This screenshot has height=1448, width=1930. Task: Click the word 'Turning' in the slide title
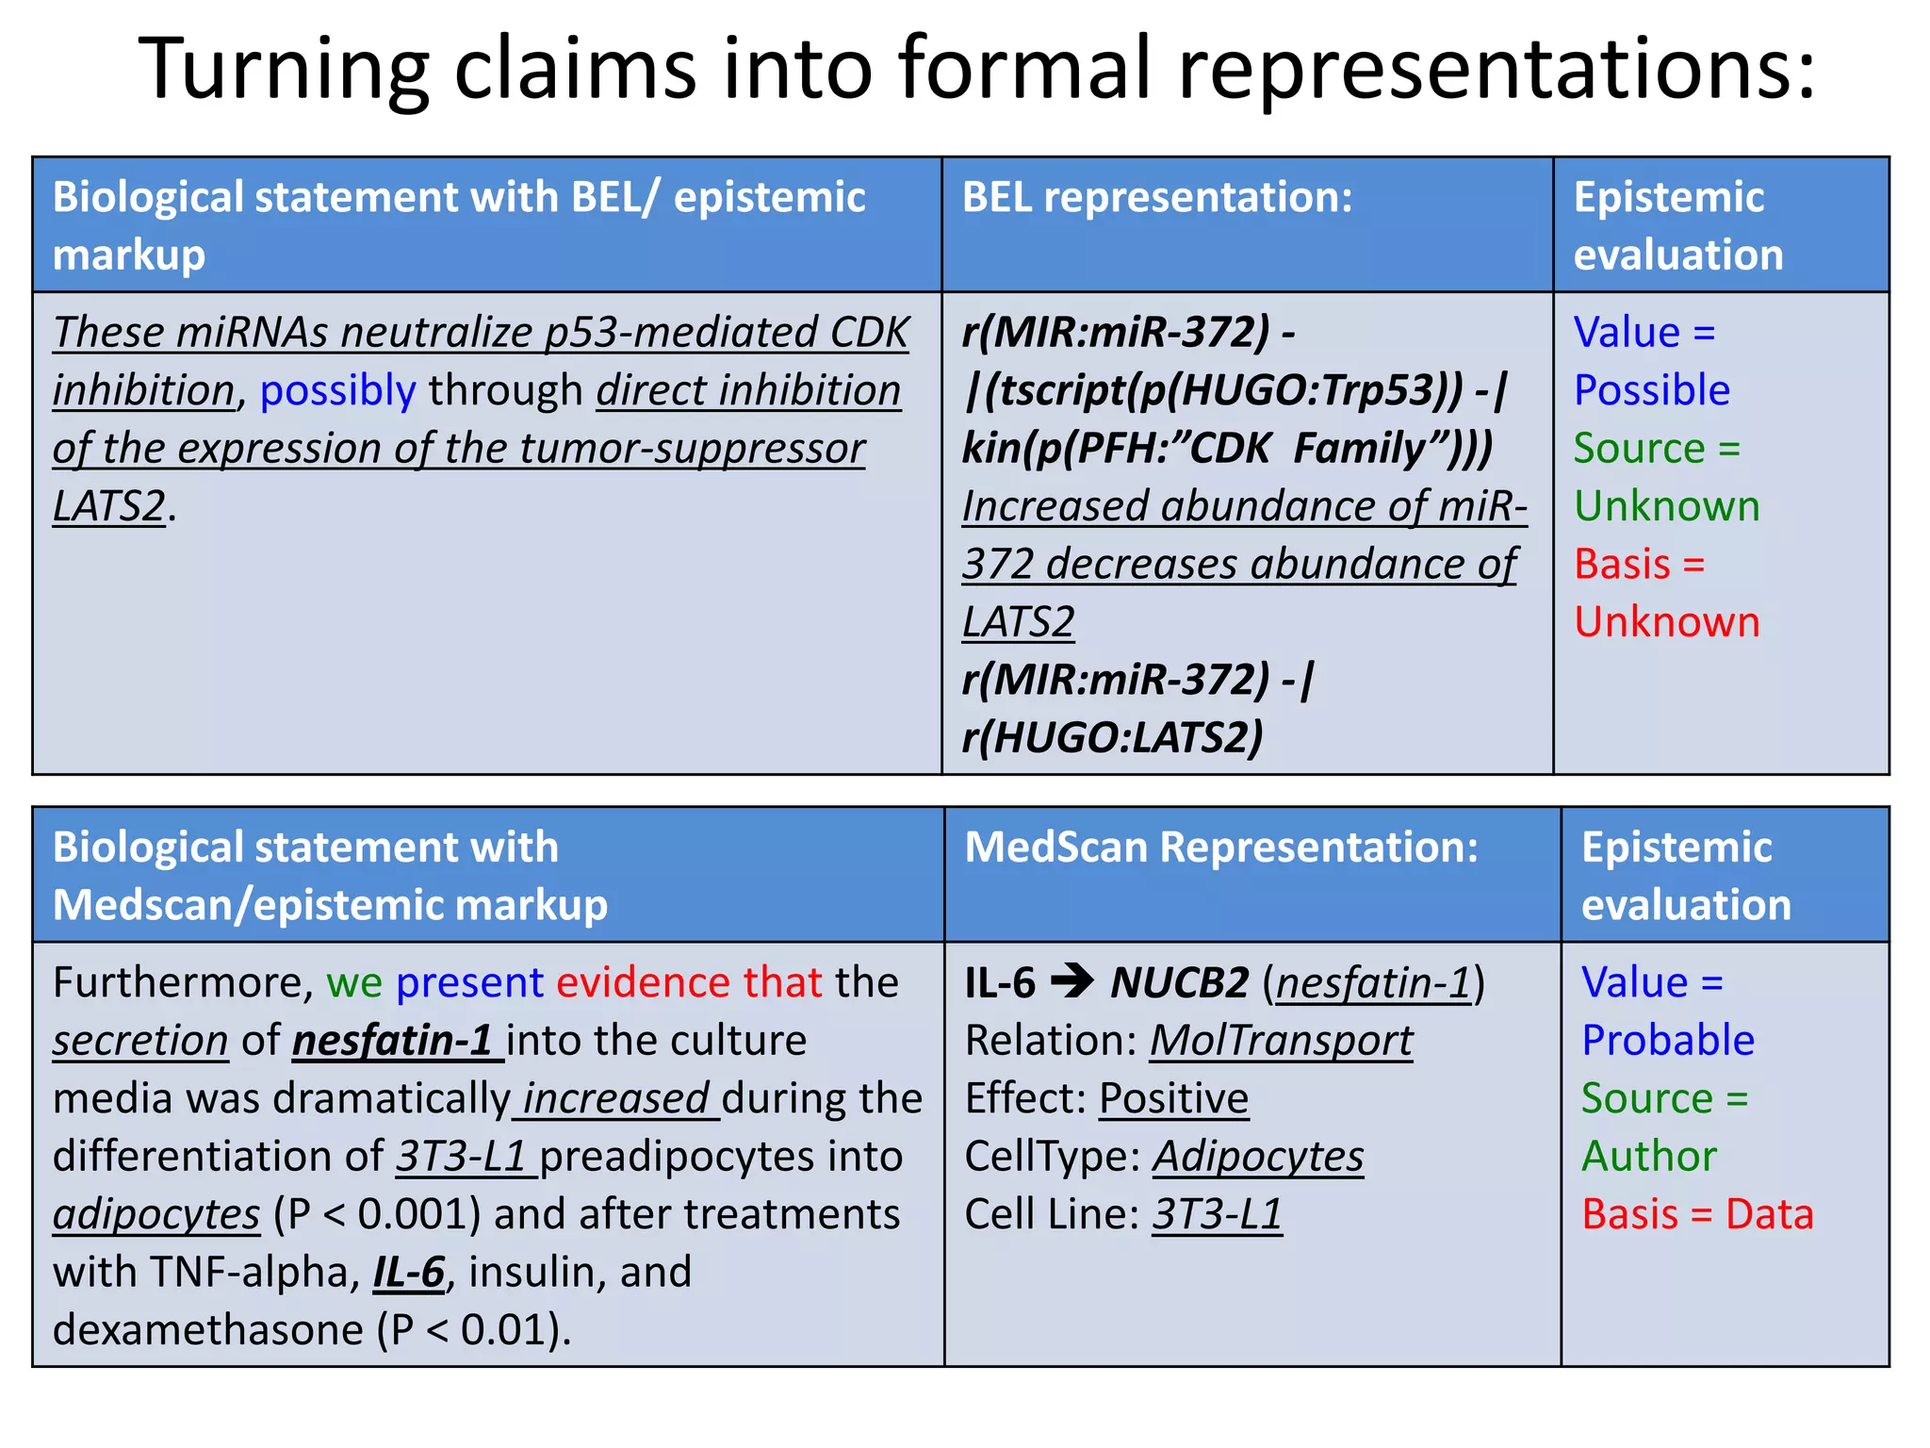click(x=283, y=68)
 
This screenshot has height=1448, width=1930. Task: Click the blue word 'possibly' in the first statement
click(x=337, y=390)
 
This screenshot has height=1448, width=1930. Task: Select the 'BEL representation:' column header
click(x=1157, y=198)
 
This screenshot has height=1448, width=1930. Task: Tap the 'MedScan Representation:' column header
click(x=1221, y=847)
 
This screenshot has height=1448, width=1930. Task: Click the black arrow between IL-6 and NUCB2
click(x=1072, y=981)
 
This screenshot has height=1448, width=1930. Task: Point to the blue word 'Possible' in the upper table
click(x=1652, y=390)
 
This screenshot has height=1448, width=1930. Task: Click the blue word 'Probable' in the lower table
click(x=1668, y=1041)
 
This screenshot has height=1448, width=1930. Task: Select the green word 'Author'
click(x=1649, y=1156)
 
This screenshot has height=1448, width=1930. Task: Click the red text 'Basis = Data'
click(x=1697, y=1214)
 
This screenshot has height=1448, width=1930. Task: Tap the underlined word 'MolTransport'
click(x=1282, y=1041)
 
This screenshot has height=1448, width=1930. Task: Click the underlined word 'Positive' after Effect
click(x=1174, y=1098)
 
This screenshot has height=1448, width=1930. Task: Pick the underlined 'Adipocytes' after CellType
click(x=1259, y=1157)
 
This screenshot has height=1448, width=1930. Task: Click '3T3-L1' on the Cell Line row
click(x=1218, y=1214)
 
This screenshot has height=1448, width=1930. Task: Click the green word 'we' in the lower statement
click(x=354, y=982)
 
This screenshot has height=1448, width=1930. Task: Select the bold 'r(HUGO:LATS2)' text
click(x=1112, y=737)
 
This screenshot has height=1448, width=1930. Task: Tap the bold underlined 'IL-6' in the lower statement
click(x=409, y=1273)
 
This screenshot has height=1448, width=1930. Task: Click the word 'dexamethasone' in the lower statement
click(x=207, y=1330)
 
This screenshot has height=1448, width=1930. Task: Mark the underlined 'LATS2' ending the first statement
click(x=109, y=506)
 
